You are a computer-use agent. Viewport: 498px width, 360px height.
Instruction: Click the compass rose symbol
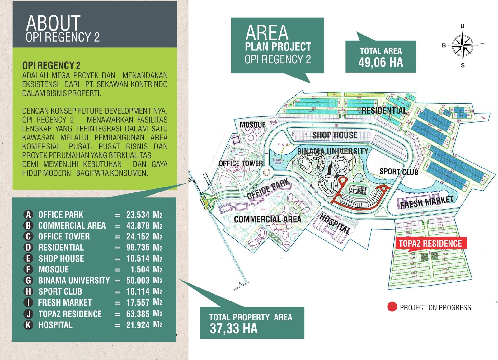[x=463, y=46]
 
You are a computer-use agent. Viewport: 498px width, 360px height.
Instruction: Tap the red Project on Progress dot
[x=392, y=307]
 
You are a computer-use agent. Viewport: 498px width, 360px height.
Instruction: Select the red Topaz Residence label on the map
[x=430, y=244]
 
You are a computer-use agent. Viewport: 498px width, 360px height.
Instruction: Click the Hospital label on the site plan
[x=335, y=224]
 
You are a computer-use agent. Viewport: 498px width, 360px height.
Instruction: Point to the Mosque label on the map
[x=252, y=125]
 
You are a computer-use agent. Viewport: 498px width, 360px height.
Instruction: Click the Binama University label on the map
[x=332, y=151]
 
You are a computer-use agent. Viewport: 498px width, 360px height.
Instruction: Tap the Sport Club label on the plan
[x=398, y=172]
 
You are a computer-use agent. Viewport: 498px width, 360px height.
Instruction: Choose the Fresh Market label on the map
[x=426, y=202]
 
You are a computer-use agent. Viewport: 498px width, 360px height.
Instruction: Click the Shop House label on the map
[x=335, y=135]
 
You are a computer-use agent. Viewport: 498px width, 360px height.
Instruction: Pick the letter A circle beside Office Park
[x=28, y=215]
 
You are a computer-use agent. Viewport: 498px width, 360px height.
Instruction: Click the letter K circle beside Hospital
[x=28, y=325]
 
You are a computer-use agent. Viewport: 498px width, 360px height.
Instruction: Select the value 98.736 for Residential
[x=138, y=248]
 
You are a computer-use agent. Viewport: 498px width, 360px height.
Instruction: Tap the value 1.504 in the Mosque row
[x=140, y=269]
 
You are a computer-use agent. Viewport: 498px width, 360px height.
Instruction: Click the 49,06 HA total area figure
[x=380, y=63]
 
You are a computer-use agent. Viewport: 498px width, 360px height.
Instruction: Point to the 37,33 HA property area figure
[x=233, y=329]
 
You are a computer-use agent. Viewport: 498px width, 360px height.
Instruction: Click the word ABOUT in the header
[x=53, y=23]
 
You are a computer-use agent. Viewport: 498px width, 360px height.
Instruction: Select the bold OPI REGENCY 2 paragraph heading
[x=51, y=65]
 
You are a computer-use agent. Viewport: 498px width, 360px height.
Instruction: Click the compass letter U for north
[x=463, y=26]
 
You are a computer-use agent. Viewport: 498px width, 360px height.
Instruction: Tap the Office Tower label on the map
[x=241, y=163]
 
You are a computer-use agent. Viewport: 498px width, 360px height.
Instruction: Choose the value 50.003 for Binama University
[x=138, y=280]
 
